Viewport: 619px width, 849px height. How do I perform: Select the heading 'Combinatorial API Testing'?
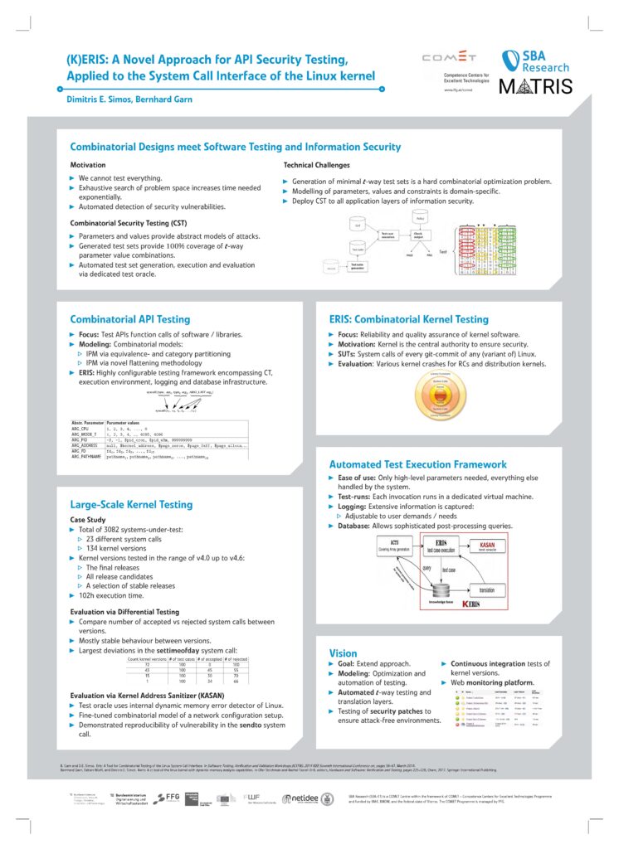coord(130,318)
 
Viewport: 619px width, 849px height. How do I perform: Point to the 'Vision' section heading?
coord(344,653)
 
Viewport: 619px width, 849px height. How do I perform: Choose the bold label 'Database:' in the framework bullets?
coord(357,526)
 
